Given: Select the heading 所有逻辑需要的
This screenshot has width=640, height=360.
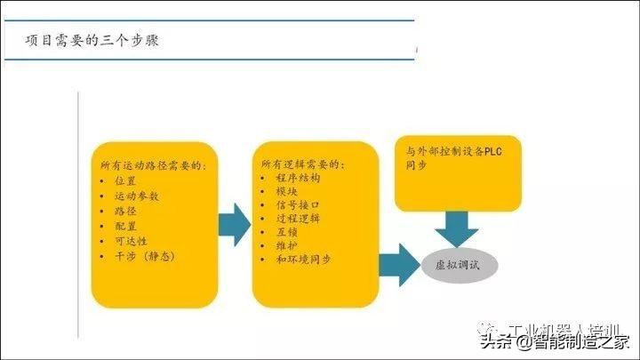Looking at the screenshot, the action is click(303, 164).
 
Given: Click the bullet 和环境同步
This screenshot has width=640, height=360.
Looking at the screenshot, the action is click(302, 259).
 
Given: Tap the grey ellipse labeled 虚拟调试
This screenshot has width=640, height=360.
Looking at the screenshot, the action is click(460, 265).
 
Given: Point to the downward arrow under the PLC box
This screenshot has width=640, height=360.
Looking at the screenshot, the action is click(459, 228).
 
